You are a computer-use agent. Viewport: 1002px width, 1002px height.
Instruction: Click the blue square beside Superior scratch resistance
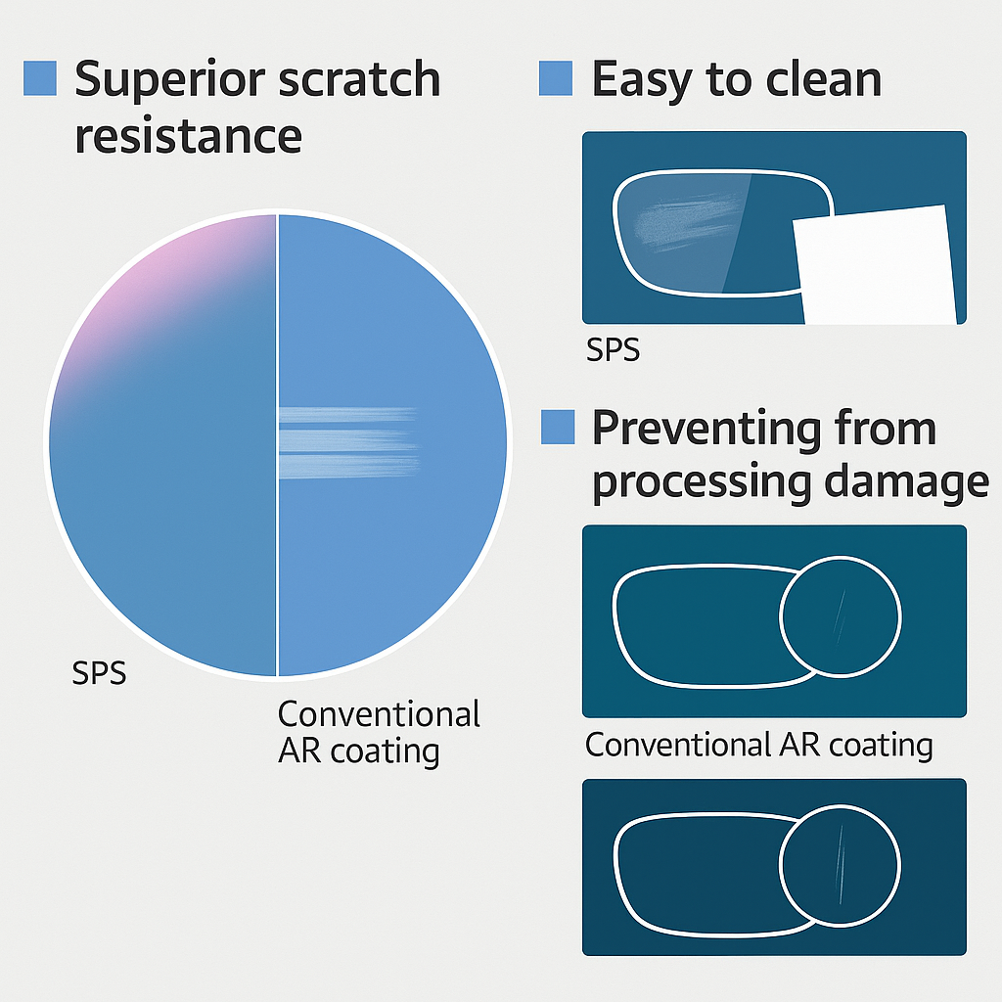point(39,78)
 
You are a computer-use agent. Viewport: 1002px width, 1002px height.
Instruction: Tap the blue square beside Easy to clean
point(555,78)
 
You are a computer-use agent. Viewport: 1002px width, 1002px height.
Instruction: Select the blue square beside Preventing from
point(557,428)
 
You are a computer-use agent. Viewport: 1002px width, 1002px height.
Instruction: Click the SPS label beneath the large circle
point(100,674)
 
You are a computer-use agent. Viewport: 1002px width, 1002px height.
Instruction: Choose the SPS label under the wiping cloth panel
point(613,349)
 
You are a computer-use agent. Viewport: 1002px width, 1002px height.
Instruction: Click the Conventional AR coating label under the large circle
point(379,732)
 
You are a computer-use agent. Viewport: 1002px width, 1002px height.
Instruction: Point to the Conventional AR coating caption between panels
point(758,746)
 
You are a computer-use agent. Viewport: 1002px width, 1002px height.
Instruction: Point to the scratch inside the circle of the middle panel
point(840,615)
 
